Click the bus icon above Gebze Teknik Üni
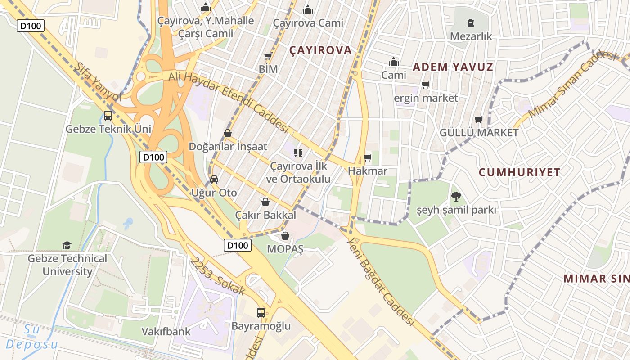[108, 116]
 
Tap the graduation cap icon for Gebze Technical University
[67, 245]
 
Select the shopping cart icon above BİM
[268, 56]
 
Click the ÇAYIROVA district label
[321, 50]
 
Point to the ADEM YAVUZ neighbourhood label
[453, 67]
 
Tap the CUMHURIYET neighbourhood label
[519, 172]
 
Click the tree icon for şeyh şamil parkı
[456, 196]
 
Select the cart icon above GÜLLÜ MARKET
[479, 119]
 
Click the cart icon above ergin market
[426, 85]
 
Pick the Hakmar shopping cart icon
[368, 157]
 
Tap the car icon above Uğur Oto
[214, 180]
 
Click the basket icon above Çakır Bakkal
[265, 202]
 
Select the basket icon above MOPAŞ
[285, 236]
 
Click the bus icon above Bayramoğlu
[261, 312]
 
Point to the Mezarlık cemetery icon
[471, 22]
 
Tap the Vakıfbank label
[166, 332]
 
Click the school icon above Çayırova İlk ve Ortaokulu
[298, 153]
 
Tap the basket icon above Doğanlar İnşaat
[228, 133]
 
